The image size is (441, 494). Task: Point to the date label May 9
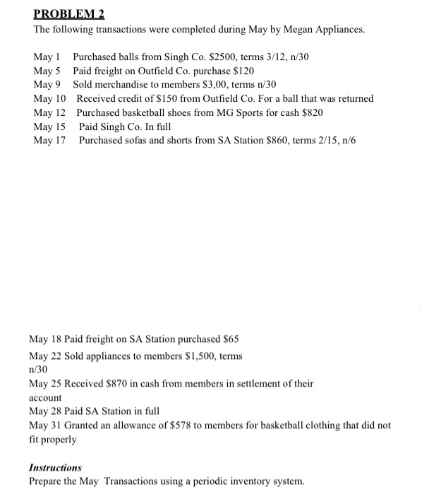click(47, 85)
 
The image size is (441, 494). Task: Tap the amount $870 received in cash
click(107, 384)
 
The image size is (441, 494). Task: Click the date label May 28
click(46, 411)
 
